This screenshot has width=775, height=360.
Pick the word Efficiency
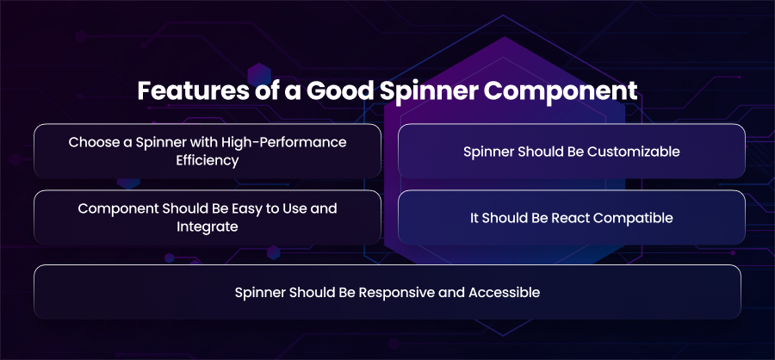pos(208,161)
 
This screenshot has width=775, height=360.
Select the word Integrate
pos(208,227)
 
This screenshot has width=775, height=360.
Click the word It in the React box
pos(474,218)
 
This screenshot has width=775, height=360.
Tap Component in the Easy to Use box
pos(118,209)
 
